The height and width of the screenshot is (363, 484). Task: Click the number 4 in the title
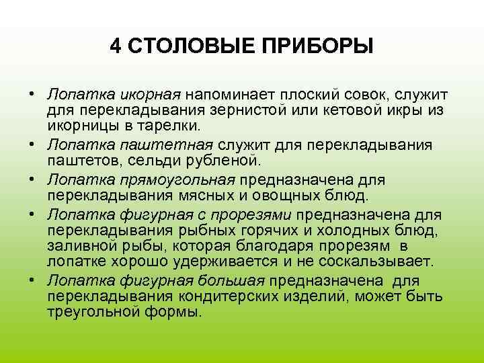click(115, 48)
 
